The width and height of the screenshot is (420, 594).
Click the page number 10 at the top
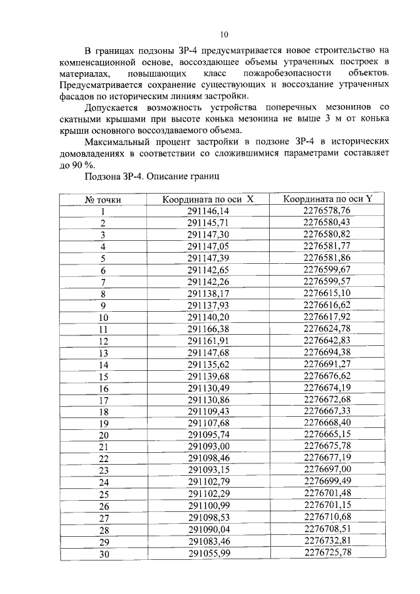[224, 34]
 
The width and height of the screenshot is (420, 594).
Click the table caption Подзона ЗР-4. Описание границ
[152, 177]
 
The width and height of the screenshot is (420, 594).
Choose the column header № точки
[103, 200]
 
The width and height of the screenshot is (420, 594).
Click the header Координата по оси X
[208, 200]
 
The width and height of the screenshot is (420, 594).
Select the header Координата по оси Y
[327, 200]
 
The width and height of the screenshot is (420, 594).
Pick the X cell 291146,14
[208, 211]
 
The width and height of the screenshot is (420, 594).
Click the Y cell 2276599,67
[327, 270]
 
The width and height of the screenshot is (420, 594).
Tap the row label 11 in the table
[103, 329]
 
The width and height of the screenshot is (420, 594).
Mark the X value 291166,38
[208, 329]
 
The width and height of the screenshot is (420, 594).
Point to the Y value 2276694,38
[327, 352]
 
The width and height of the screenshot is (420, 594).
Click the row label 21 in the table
[103, 447]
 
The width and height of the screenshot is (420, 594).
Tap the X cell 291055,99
[208, 553]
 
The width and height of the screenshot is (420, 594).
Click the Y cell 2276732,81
[327, 541]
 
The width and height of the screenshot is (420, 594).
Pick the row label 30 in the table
[103, 553]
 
